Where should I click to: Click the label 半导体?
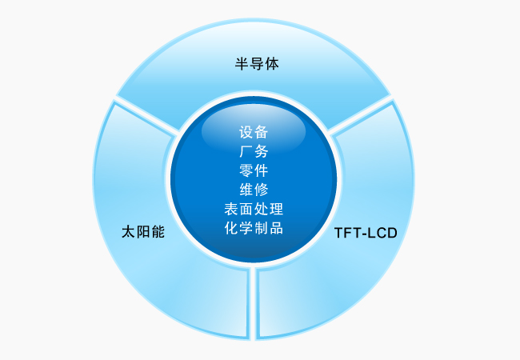click(x=257, y=64)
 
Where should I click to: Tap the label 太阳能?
click(x=143, y=232)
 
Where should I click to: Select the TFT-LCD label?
click(x=366, y=233)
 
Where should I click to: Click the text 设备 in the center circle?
click(x=254, y=132)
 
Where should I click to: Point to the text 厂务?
click(x=254, y=151)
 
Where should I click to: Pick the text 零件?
click(x=254, y=170)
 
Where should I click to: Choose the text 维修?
click(x=254, y=190)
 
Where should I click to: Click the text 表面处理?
click(x=254, y=209)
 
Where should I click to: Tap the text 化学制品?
click(x=254, y=228)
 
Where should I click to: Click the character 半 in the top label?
click(x=242, y=64)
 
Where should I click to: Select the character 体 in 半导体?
click(x=272, y=64)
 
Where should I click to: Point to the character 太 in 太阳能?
click(x=128, y=232)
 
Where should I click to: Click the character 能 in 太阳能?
click(x=158, y=232)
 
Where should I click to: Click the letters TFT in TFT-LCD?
click(x=346, y=233)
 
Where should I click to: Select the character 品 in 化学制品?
click(x=276, y=228)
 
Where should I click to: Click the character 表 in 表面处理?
click(x=231, y=209)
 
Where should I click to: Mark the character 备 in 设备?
click(x=262, y=132)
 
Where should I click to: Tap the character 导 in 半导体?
click(x=257, y=64)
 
